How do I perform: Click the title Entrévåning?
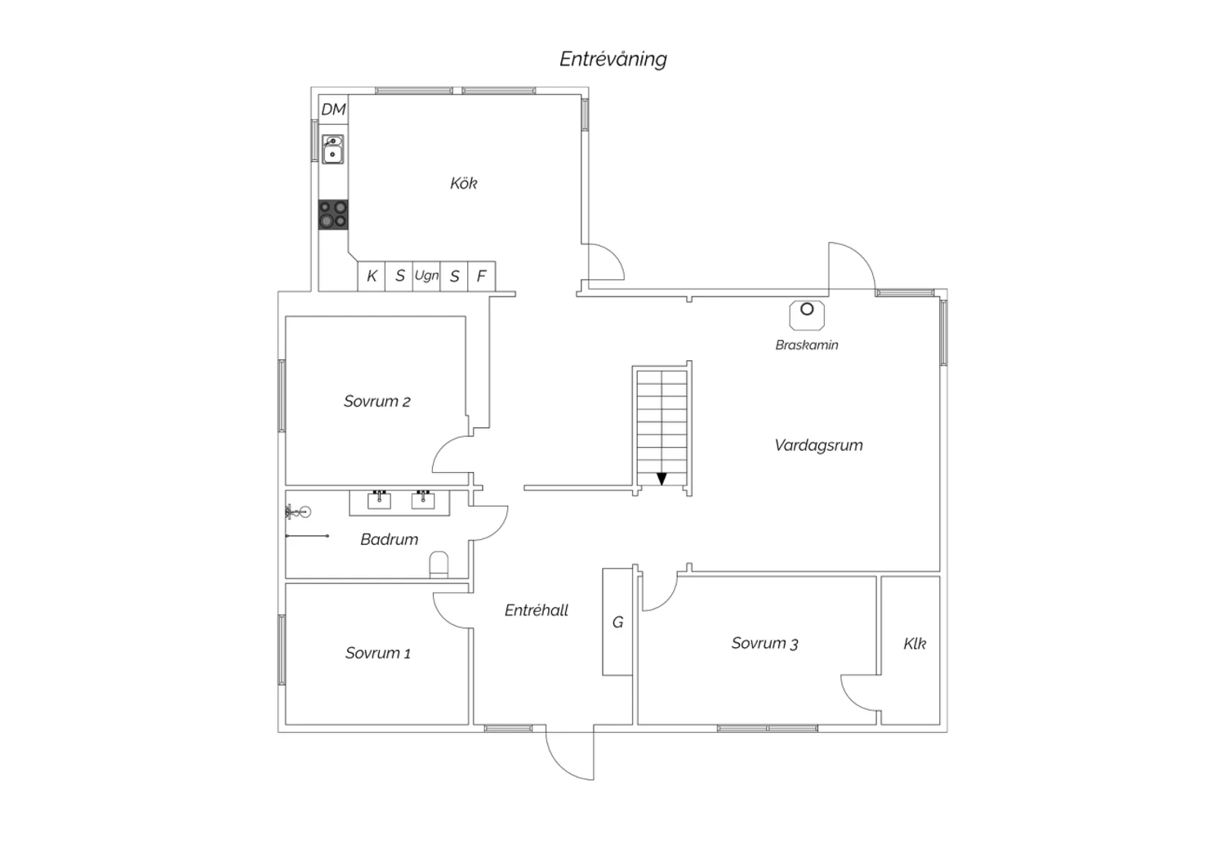[613, 59]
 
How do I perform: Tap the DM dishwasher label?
[333, 109]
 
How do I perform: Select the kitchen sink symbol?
[332, 150]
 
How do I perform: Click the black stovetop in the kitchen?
[333, 214]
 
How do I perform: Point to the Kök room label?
[464, 183]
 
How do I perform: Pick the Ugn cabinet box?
[426, 276]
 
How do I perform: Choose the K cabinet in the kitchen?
[372, 276]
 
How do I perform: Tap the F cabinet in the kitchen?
[482, 276]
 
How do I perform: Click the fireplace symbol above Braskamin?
[807, 315]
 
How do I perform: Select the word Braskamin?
[807, 345]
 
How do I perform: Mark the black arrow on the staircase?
[661, 479]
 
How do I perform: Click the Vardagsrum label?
[818, 445]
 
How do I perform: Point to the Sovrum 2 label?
[376, 401]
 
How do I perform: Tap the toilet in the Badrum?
[439, 565]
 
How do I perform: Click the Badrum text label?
[390, 539]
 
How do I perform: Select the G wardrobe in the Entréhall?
[618, 622]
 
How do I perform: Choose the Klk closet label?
[915, 644]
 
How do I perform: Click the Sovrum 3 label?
[764, 643]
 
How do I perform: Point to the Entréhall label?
[537, 610]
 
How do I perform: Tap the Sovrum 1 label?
[378, 654]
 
